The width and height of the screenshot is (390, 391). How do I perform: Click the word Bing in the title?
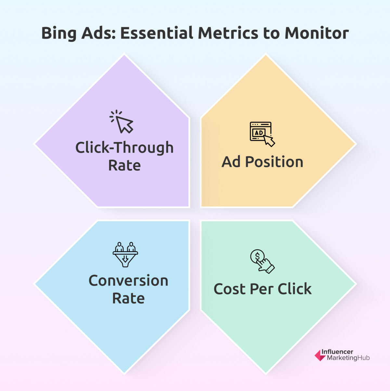(x=59, y=33)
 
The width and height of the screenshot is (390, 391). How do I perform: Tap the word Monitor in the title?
(x=317, y=33)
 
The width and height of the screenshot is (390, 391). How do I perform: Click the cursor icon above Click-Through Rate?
(x=122, y=122)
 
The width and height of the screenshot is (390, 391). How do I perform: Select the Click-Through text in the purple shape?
(x=124, y=148)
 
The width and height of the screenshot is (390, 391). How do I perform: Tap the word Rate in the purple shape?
(x=124, y=165)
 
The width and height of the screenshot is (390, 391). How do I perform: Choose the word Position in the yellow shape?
(x=274, y=162)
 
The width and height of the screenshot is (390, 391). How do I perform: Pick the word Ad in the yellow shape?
(x=231, y=162)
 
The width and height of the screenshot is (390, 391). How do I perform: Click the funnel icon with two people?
(x=125, y=254)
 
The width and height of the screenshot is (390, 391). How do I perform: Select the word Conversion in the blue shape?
(x=128, y=281)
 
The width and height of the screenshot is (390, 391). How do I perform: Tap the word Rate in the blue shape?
(x=128, y=299)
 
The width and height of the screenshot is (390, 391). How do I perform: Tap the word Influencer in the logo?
(x=337, y=352)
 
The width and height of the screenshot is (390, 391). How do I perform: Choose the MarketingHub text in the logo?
(x=348, y=358)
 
